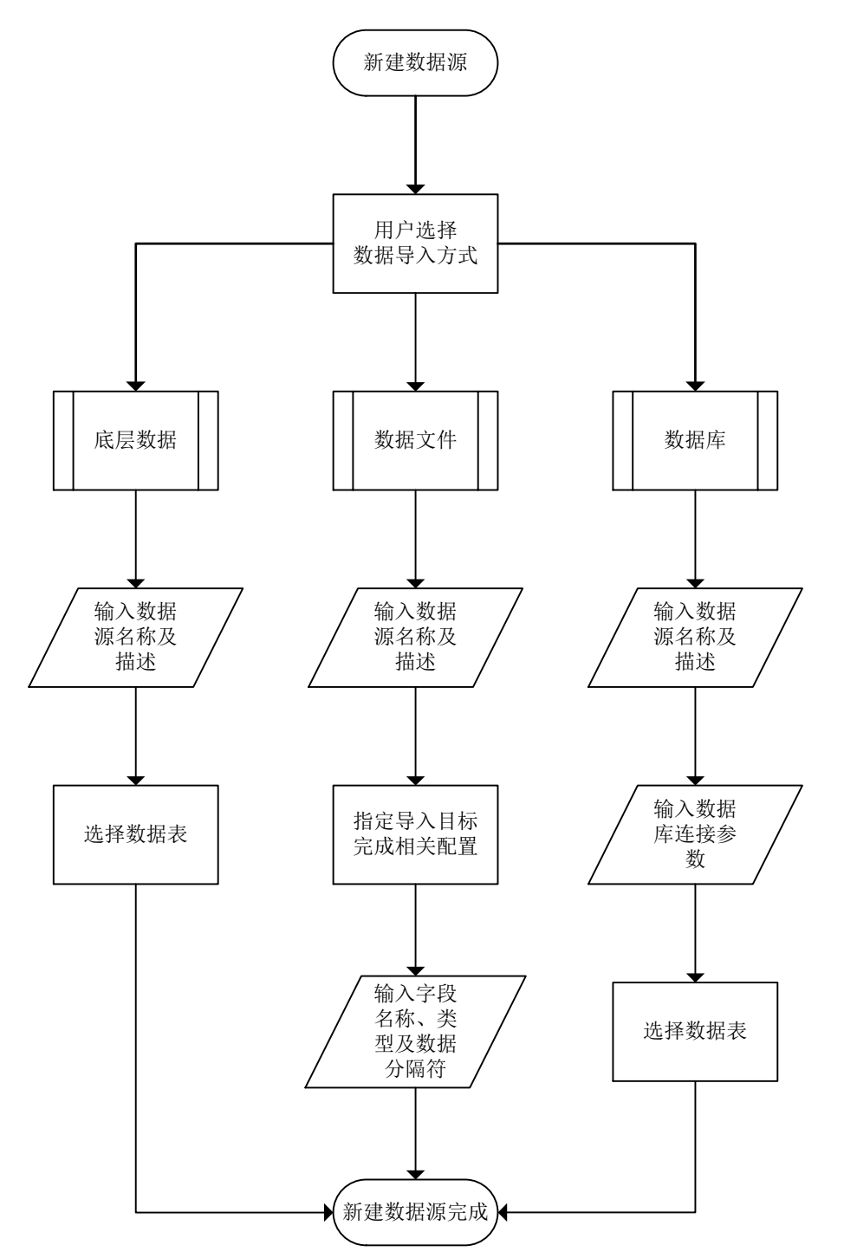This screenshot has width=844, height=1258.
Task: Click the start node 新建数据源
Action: point(416,65)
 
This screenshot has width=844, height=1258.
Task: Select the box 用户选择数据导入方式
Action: point(416,243)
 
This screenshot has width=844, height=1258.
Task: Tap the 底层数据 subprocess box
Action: point(135,441)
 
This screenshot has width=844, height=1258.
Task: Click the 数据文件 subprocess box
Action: point(416,441)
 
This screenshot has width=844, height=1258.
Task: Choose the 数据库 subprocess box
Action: point(695,441)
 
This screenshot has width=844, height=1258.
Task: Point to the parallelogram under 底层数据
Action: point(135,638)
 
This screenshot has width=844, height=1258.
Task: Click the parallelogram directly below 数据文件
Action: point(416,638)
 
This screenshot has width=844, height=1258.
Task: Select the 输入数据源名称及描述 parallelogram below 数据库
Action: point(695,638)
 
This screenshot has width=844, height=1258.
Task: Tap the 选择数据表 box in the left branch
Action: point(135,834)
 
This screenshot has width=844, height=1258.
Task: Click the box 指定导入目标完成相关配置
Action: point(416,834)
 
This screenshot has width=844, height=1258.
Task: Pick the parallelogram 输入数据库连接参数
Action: point(695,834)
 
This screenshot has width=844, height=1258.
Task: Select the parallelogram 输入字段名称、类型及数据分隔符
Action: point(416,1031)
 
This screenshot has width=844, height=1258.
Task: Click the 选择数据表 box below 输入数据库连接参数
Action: point(695,1031)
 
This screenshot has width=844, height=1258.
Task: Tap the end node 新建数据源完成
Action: point(416,1211)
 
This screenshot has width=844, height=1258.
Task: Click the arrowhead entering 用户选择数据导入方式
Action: point(416,188)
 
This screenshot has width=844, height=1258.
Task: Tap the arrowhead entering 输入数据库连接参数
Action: point(695,779)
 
